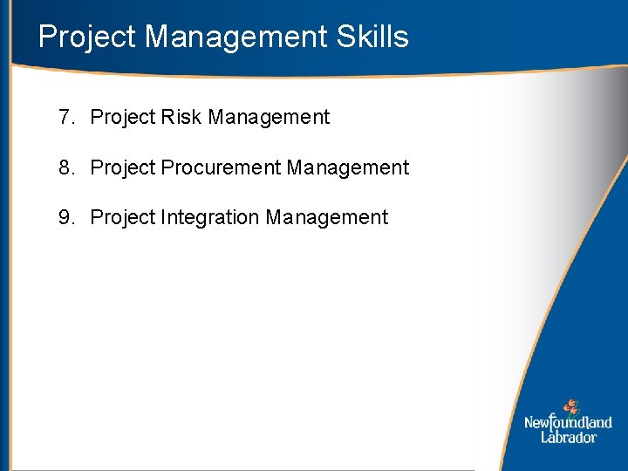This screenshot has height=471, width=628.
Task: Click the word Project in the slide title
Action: [87, 38]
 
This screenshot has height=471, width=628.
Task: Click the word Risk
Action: [181, 117]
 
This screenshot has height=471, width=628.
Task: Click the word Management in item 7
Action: [269, 117]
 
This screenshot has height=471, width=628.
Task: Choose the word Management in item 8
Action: [347, 167]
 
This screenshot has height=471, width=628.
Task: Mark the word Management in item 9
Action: [327, 217]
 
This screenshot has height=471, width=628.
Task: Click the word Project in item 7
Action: [123, 118]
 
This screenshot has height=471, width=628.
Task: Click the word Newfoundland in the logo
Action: [568, 423]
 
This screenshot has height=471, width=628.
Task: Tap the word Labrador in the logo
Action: [568, 437]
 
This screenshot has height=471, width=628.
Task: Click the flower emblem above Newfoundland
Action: [570, 406]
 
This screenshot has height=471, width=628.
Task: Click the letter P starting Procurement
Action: [167, 167]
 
